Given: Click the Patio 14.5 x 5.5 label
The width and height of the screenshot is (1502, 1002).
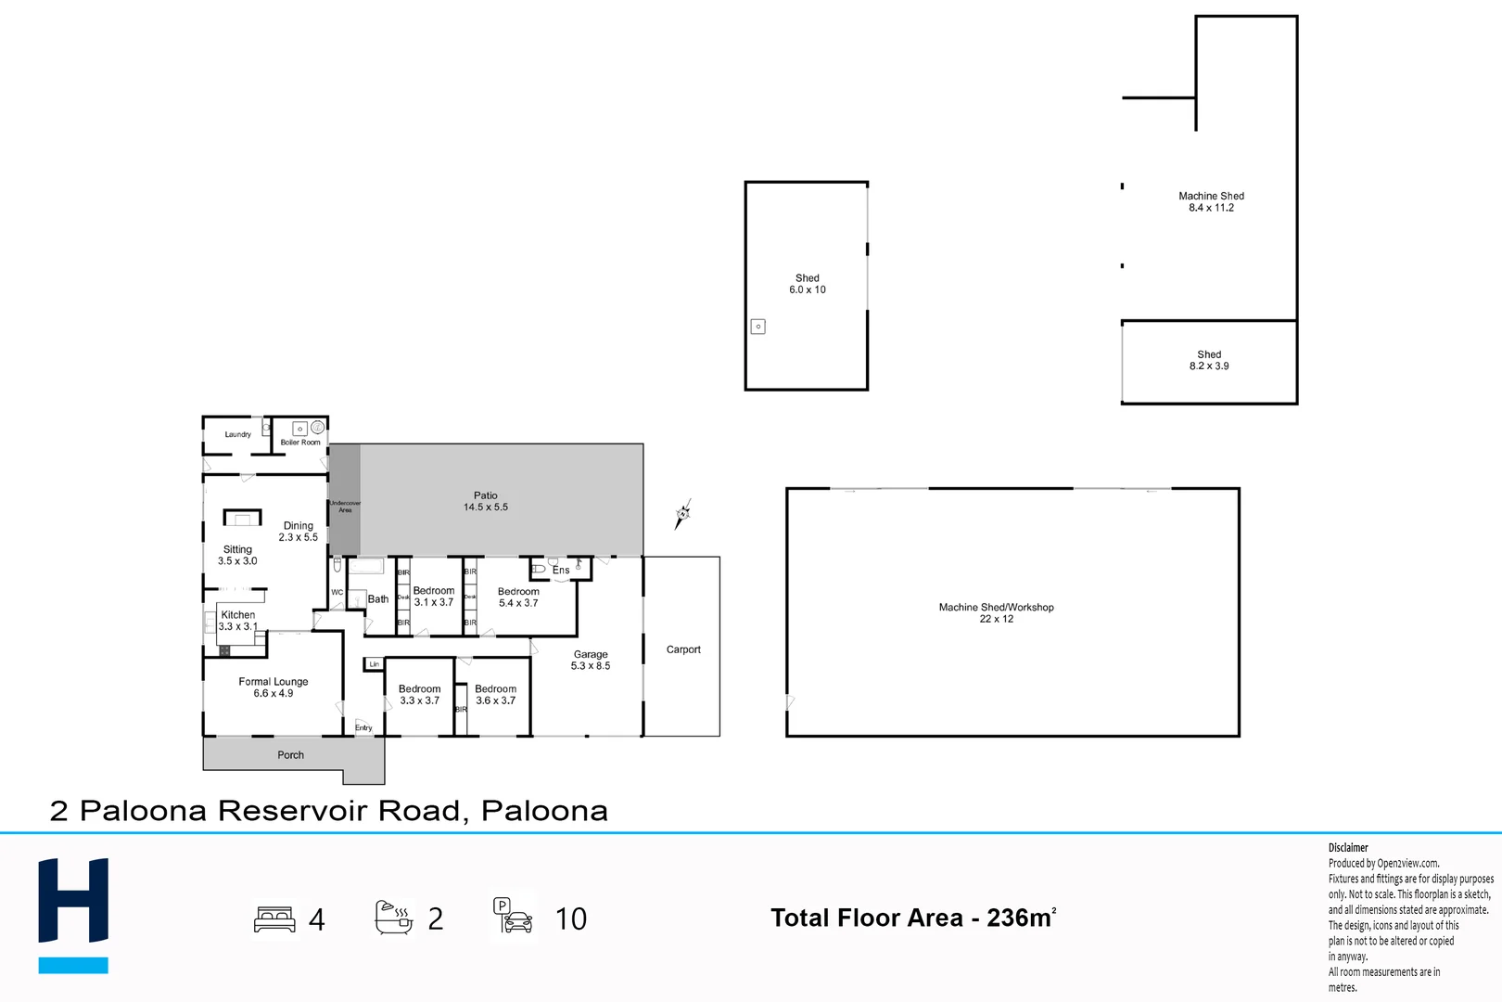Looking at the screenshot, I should (x=485, y=501).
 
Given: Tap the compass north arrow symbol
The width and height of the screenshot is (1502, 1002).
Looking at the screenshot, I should (x=682, y=514).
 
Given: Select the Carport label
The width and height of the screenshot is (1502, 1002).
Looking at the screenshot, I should (x=683, y=649).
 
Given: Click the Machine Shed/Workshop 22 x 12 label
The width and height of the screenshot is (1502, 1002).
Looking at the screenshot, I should (x=996, y=612).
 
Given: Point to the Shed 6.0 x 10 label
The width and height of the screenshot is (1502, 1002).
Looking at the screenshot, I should (x=807, y=284).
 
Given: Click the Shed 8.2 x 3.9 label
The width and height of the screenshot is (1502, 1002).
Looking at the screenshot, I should (x=1209, y=360).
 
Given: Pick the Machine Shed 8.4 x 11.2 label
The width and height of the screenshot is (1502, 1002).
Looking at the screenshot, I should (x=1211, y=201).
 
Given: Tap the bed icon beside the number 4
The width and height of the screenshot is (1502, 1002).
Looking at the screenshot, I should (x=274, y=919).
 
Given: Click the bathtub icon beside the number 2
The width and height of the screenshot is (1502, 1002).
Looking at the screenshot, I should (x=394, y=917).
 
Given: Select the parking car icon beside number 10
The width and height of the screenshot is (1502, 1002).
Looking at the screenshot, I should (x=513, y=917).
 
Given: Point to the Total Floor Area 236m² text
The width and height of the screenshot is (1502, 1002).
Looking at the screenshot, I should (x=912, y=918).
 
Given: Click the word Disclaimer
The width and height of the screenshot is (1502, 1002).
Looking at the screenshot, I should (x=1347, y=847).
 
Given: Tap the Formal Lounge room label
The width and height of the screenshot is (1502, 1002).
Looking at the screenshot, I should (x=273, y=687).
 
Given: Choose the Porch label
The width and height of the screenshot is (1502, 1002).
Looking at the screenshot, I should (x=290, y=755).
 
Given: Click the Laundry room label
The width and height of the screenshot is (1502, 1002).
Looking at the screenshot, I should (x=237, y=434).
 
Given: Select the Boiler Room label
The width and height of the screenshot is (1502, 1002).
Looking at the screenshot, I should (x=300, y=443).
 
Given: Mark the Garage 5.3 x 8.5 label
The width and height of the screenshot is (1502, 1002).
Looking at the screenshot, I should (x=590, y=660).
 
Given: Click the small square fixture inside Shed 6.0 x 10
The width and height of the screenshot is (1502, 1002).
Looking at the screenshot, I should (x=757, y=327).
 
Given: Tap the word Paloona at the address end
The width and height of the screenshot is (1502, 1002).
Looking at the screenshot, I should (x=544, y=811).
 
